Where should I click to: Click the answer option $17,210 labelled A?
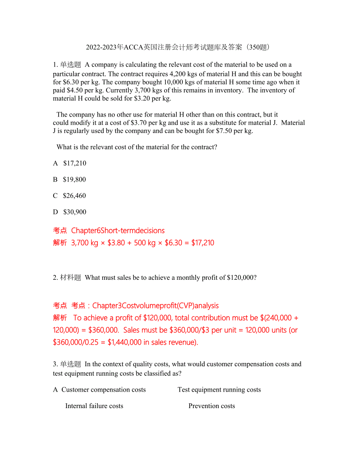tap(74, 163)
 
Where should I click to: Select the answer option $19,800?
tap(74, 180)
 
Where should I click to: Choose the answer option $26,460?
tap(74, 196)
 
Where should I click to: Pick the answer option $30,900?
tap(75, 212)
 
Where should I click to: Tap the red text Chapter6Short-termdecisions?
tap(118, 230)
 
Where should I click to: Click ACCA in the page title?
tap(133, 48)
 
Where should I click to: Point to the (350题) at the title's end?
tap(257, 48)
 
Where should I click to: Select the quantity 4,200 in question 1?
tap(179, 74)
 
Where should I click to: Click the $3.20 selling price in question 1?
tap(142, 99)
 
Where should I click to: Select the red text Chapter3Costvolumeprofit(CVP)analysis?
tap(155, 306)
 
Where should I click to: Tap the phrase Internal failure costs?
tap(94, 406)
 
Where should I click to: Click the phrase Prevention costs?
tap(212, 406)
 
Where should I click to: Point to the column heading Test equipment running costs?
tap(219, 390)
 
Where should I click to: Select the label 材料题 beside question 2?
tap(71, 278)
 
